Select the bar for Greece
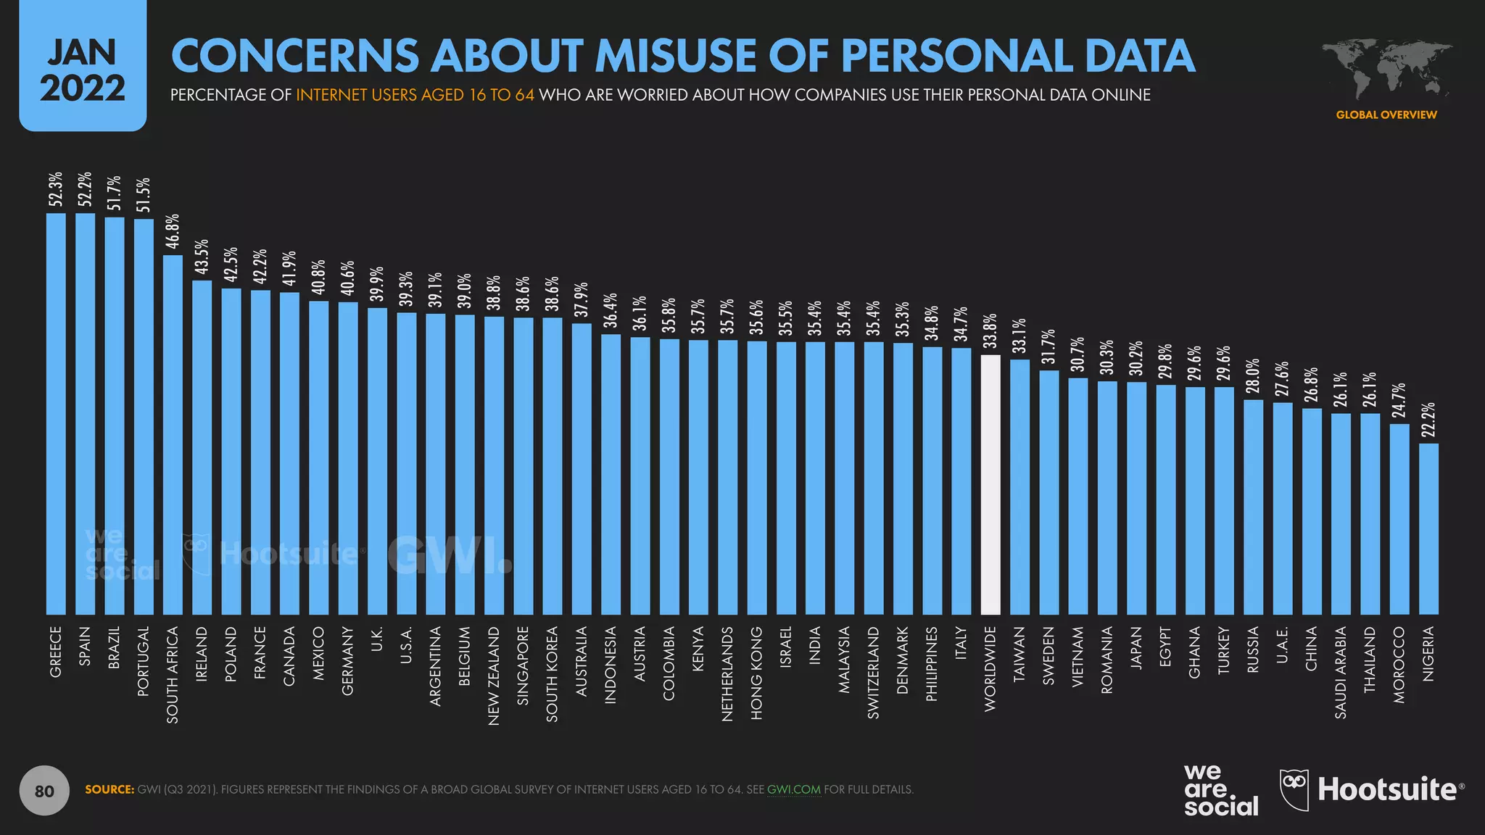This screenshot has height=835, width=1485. pos(56,413)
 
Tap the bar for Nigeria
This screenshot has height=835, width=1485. pos(1428,529)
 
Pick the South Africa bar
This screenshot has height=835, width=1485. pos(173,435)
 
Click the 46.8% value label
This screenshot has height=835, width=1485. pos(173,231)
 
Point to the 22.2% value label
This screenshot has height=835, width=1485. pos(1428,420)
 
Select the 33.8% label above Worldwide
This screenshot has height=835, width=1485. pos(990,331)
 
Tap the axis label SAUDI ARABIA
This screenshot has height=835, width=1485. pos(1341,673)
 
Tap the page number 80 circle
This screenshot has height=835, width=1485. pos(44,791)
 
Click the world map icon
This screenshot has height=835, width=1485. pos(1386,70)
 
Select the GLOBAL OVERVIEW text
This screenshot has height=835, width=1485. pos(1386,115)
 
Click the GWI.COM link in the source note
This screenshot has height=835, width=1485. pos(793,789)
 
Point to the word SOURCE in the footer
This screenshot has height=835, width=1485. pos(109,789)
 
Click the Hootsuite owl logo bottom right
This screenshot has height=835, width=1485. pos(1294,790)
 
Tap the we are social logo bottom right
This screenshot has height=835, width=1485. pos(1220,790)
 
